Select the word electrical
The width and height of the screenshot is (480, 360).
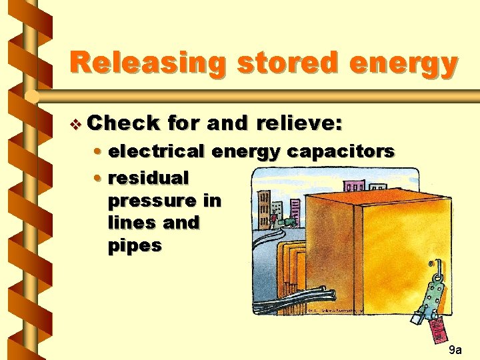pos(157,152)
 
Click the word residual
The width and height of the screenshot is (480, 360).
pos(149,178)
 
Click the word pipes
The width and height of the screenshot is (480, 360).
pos(134,245)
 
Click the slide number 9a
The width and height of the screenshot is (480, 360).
pos(455,349)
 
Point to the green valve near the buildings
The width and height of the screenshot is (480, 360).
pos(287,221)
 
